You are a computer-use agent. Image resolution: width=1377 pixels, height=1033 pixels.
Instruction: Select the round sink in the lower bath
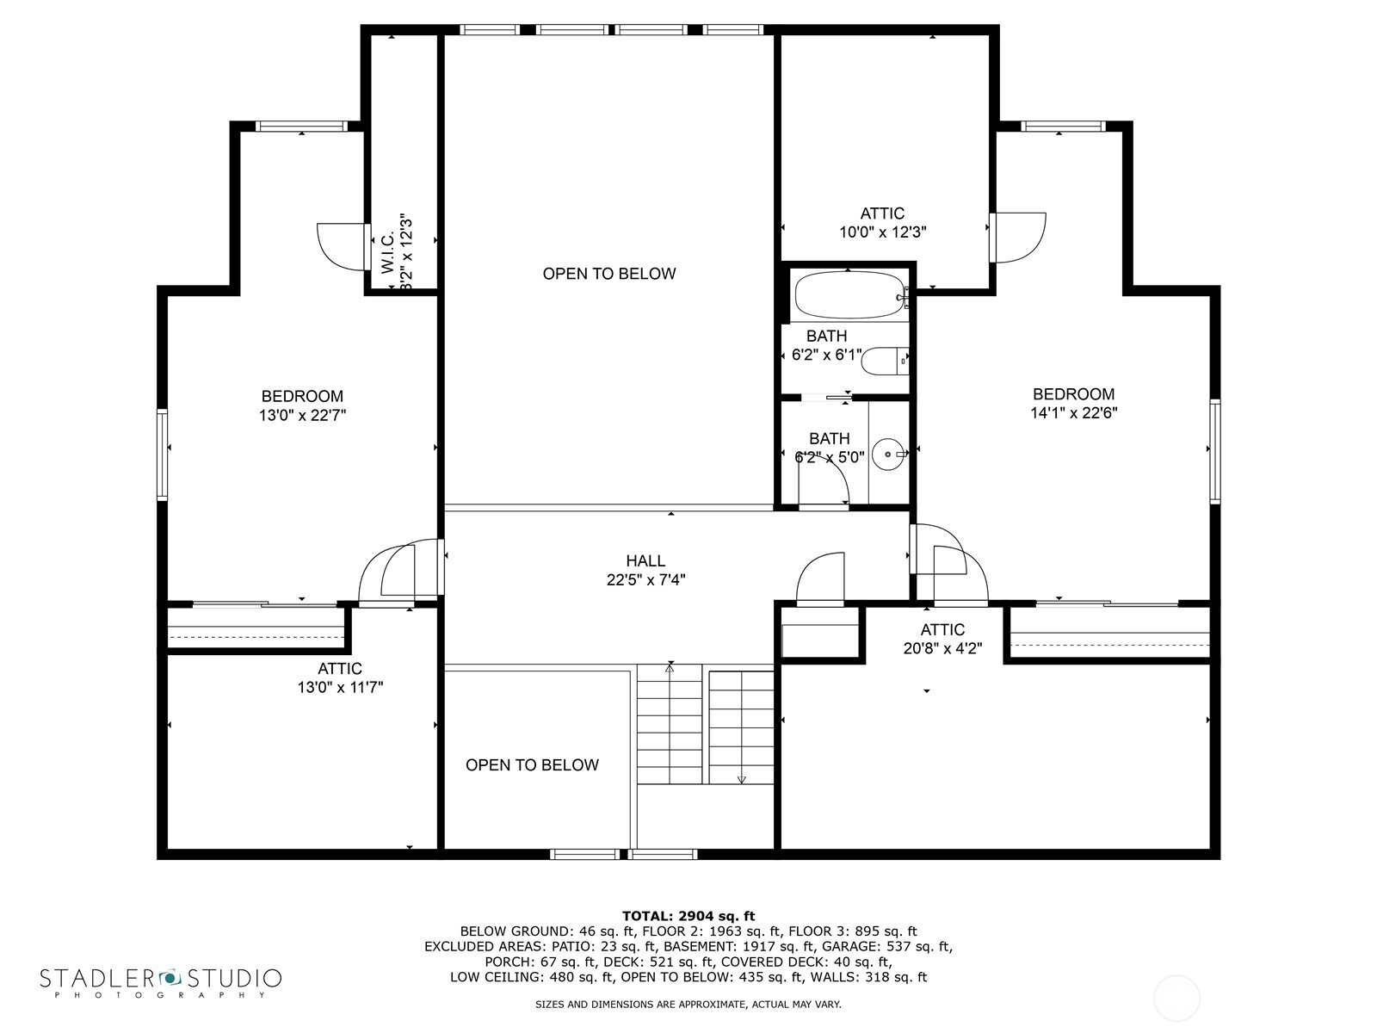point(888,454)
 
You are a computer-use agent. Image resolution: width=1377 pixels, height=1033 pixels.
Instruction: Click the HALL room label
point(645,560)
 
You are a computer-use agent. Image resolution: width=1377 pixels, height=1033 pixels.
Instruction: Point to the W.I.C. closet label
point(387,251)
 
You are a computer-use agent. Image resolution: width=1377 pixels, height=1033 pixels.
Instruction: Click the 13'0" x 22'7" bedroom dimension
point(302,415)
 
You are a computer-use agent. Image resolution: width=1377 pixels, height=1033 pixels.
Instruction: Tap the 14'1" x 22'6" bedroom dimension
point(1074,412)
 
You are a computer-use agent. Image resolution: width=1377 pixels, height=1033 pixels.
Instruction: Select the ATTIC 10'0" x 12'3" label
point(883,223)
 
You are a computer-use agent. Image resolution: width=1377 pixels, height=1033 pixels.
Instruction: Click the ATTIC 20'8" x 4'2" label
point(942,639)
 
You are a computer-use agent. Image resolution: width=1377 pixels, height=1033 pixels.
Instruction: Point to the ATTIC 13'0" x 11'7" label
point(340,678)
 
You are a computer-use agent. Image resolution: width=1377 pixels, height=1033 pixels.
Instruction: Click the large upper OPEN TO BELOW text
point(609,274)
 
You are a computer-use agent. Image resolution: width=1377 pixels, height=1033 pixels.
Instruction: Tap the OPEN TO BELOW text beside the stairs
point(532,764)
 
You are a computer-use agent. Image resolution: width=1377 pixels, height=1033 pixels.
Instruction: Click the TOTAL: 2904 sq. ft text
point(688,916)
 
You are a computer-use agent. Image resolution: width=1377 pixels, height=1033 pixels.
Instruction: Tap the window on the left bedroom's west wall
point(163,455)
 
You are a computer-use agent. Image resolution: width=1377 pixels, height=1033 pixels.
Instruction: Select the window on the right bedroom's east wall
point(1215,452)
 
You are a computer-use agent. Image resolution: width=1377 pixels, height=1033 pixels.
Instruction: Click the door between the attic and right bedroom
point(1017,238)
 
